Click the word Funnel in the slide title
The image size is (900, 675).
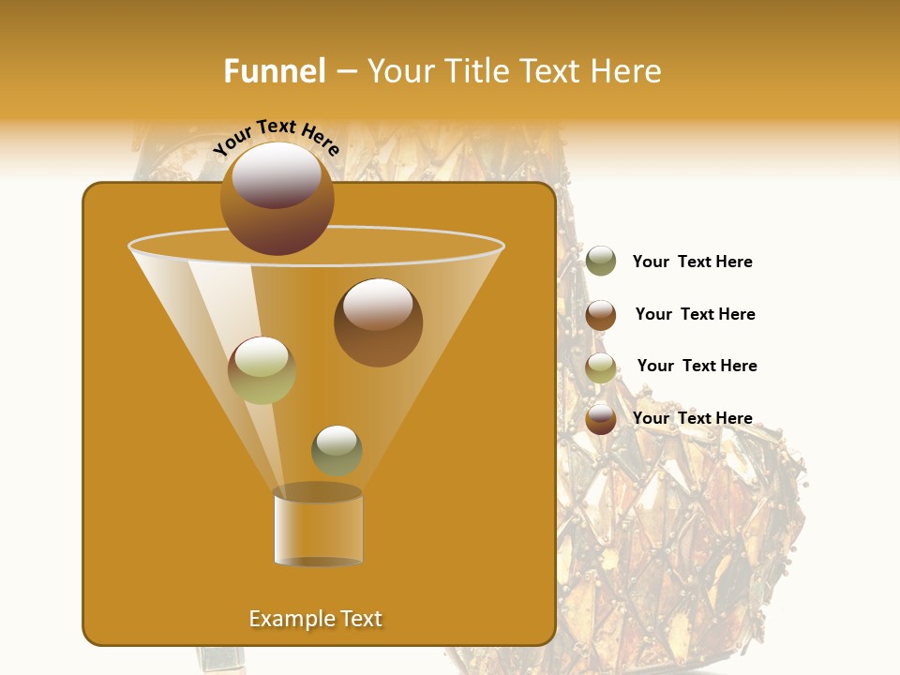tap(274, 71)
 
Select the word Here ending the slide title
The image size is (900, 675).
tap(628, 71)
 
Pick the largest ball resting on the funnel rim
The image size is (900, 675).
tap(277, 198)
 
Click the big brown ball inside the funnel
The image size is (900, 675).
tap(378, 322)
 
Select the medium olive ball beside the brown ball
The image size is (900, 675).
tap(262, 369)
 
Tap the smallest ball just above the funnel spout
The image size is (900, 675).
tap(337, 450)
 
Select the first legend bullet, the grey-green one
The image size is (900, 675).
tap(601, 262)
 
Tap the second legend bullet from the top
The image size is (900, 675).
tap(601, 315)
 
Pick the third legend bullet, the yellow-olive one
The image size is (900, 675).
tap(601, 367)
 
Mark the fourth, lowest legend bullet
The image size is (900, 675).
tap(601, 419)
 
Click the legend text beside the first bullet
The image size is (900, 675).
tap(692, 262)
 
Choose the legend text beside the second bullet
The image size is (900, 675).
tap(695, 314)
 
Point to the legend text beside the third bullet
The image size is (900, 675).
tap(697, 366)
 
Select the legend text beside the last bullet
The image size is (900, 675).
tap(692, 418)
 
